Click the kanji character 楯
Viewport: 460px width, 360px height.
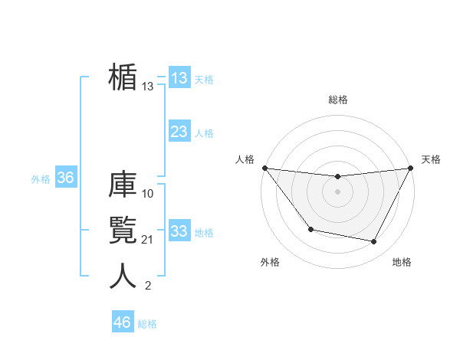(123, 78)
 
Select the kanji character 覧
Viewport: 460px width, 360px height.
(123, 231)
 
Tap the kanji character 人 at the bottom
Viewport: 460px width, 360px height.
(123, 277)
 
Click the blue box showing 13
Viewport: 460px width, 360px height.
(179, 78)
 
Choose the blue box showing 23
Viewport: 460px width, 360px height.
(179, 132)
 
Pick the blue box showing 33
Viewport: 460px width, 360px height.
(179, 231)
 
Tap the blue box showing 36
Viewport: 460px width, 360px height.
(65, 178)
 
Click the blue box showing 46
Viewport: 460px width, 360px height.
(122, 322)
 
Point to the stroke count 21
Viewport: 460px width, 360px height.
(148, 241)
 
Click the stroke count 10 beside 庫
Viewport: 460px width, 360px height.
(148, 193)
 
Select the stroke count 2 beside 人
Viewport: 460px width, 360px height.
(148, 286)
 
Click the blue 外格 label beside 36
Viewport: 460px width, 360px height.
(41, 179)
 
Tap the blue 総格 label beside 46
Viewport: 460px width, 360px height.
(147, 323)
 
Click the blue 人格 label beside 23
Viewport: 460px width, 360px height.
(204, 133)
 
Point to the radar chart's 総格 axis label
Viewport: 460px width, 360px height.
(337, 100)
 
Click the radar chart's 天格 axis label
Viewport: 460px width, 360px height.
(431, 159)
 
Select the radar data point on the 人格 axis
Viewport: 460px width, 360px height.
(264, 168)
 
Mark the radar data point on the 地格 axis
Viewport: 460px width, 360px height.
(374, 242)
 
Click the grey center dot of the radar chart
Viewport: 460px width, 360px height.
(337, 191)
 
